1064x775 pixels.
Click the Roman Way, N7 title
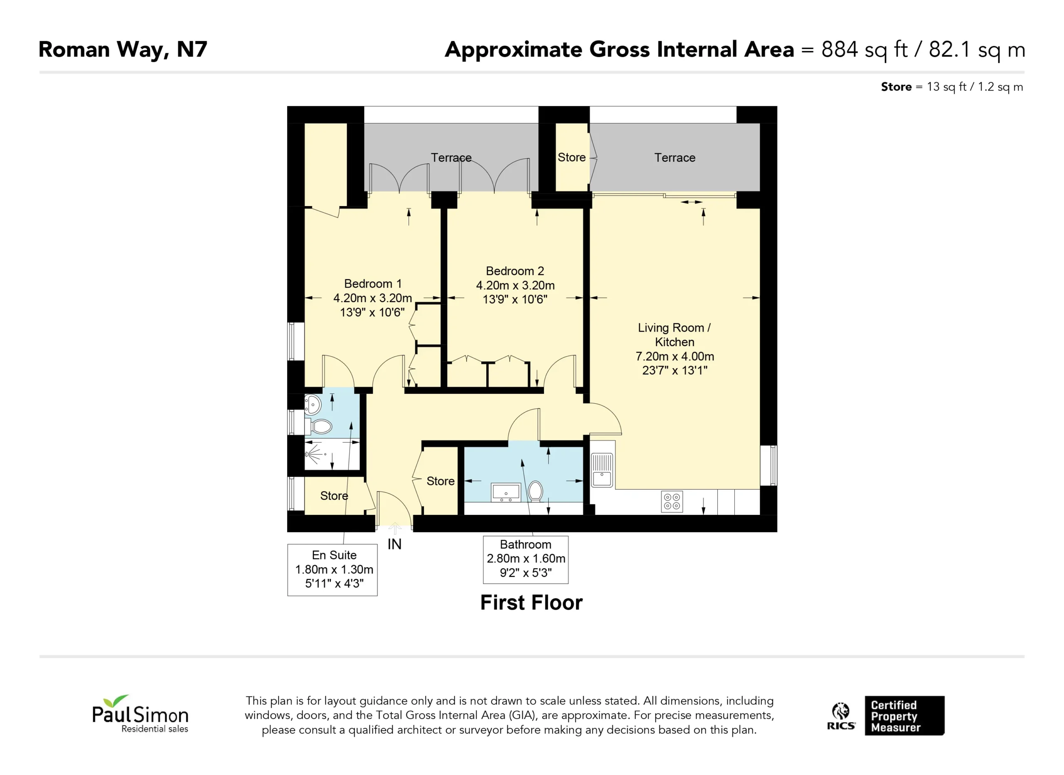123,50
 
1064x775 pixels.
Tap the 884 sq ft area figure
864,50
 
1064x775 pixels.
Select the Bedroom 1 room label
373,284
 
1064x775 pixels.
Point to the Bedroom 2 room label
515,271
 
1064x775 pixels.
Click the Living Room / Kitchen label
675,335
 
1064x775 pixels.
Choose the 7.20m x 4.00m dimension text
675,357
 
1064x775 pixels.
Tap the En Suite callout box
332,570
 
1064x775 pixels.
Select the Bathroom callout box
526,560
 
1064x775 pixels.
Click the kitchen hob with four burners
672,502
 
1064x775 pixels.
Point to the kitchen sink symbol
602,470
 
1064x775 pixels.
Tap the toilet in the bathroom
535,491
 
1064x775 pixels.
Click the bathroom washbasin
506,492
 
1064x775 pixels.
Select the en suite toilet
320,426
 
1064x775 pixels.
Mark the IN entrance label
394,544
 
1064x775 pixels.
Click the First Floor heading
532,603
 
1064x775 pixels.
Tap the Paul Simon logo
140,714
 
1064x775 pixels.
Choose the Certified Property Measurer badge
904,716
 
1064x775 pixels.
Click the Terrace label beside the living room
675,157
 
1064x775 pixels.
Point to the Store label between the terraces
571,157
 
